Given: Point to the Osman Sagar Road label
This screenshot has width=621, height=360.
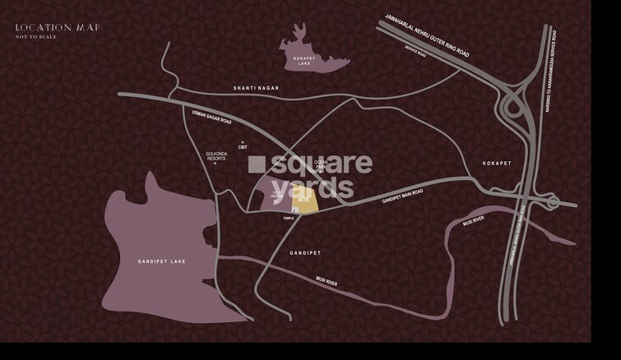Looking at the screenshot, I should pos(212,121).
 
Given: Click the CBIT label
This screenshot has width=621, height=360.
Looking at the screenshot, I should pos(243,147).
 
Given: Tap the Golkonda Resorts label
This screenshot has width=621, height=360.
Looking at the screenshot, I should pos(216,156).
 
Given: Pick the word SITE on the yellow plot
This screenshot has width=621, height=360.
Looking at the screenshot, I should pos(304,200).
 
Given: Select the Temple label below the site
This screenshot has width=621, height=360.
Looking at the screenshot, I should pos(289,218).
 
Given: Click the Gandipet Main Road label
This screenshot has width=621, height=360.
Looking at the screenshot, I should pos(403,196).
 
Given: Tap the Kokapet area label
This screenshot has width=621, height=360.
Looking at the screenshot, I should pos(497,164).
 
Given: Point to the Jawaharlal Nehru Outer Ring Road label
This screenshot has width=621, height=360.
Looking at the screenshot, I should pos(427,37).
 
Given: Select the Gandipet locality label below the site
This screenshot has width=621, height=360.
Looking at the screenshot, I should pos(306,252).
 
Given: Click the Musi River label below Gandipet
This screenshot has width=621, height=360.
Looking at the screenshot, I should pos(327,282).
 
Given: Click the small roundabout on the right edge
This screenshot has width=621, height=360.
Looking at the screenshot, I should pos(553,201).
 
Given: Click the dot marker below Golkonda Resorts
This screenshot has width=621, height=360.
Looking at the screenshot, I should pos(215,164).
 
